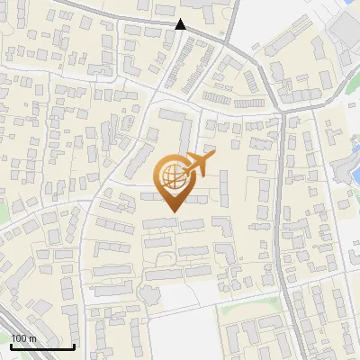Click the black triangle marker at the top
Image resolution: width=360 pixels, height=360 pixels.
(x=181, y=24)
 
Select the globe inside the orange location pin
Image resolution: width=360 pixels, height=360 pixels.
(x=172, y=175)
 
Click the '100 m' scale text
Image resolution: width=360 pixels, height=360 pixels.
(x=23, y=338)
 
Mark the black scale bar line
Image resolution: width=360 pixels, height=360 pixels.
(x=42, y=346)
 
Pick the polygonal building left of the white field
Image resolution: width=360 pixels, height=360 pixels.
(x=149, y=294)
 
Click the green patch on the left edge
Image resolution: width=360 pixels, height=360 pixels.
(x=3, y=211)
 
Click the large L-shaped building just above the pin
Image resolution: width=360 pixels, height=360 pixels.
(x=176, y=126)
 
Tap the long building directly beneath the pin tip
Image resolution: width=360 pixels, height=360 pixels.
(x=159, y=222)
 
